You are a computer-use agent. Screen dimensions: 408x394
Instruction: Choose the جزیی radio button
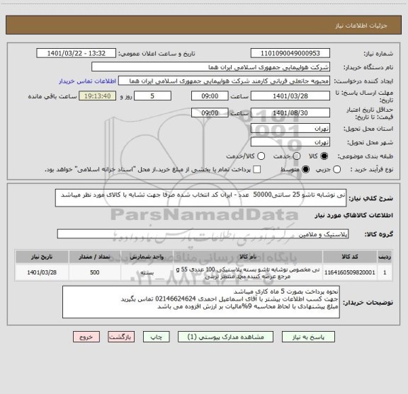(336, 169)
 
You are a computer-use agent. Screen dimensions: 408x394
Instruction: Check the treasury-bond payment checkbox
(258, 169)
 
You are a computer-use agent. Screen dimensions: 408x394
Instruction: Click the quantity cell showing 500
(95, 270)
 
